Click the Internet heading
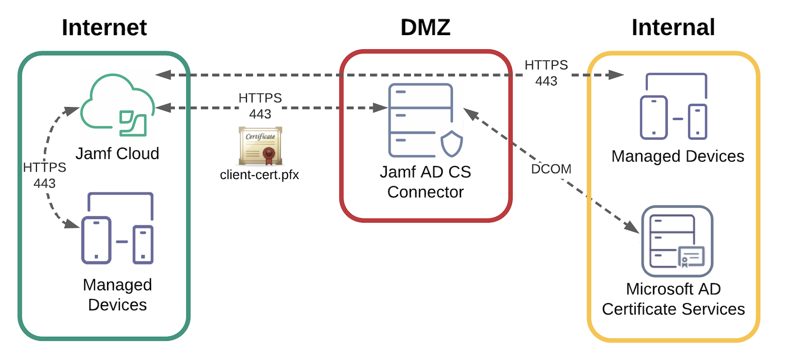tap(104, 27)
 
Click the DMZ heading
tap(425, 27)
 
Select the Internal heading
tap(673, 27)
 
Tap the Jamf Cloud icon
tap(117, 105)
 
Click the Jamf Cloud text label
tap(117, 153)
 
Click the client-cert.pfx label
tap(259, 175)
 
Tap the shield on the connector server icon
tap(452, 144)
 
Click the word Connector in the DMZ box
tap(425, 192)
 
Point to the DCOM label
tap(551, 169)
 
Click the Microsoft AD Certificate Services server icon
tap(677, 241)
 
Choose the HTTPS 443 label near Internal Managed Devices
tap(546, 73)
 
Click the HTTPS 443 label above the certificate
tap(260, 106)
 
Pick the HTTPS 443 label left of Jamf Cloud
tap(45, 175)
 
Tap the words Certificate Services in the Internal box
tap(673, 309)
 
